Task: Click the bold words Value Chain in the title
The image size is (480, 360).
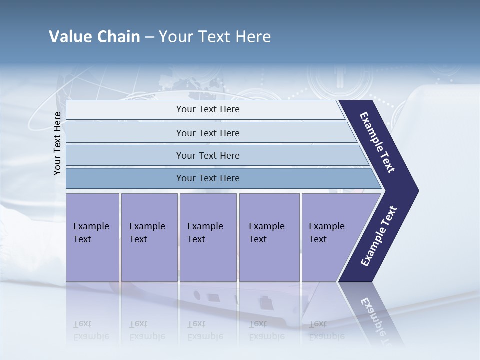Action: [94, 37]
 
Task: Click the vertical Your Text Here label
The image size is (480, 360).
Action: [57, 143]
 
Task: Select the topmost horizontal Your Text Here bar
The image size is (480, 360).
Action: [208, 109]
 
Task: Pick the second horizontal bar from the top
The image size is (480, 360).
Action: [208, 133]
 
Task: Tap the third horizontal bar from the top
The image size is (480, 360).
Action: [208, 155]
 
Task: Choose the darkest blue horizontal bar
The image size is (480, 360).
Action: [208, 178]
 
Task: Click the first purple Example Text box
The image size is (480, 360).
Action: [92, 237]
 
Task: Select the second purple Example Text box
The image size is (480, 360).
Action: [149, 237]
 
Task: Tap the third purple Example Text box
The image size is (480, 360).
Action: [208, 237]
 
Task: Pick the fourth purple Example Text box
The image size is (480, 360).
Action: [269, 237]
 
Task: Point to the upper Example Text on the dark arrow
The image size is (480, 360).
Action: [378, 142]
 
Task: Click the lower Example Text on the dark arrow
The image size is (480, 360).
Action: [378, 236]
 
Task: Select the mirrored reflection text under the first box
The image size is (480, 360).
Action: [91, 330]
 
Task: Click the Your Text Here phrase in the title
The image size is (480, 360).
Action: [215, 37]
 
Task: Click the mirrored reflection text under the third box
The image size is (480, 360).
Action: [205, 330]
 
